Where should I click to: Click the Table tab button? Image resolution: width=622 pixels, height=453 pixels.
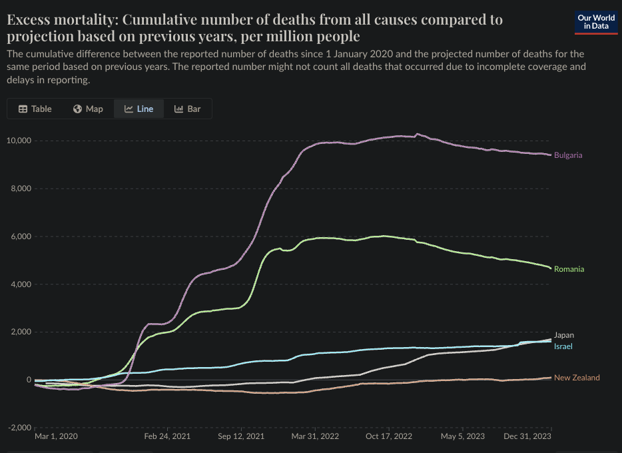(x=35, y=109)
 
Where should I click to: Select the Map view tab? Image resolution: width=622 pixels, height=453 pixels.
(x=88, y=109)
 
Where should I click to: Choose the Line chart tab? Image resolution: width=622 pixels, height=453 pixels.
(x=139, y=109)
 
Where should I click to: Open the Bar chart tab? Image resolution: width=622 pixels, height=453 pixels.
(x=187, y=109)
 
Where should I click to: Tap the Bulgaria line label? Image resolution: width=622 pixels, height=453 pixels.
(x=568, y=155)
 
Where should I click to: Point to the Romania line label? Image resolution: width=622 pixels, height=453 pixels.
(x=569, y=269)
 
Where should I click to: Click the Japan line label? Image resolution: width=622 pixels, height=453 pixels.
(x=563, y=335)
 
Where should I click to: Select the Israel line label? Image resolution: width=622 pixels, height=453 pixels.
(x=563, y=346)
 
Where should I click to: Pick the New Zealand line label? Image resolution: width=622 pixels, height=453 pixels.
(x=577, y=378)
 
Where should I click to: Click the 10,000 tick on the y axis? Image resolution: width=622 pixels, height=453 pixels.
(x=19, y=141)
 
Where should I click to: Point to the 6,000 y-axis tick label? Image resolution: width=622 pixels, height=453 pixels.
(x=21, y=236)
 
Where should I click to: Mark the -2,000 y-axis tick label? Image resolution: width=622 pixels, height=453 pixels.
(x=19, y=428)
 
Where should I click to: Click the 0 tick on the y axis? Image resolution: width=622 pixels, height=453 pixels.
(x=28, y=380)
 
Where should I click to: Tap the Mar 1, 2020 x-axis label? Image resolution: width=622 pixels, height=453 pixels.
(x=56, y=436)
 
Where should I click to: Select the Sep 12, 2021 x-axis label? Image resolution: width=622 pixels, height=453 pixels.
(x=240, y=436)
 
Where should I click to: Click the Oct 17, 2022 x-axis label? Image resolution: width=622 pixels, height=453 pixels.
(x=389, y=436)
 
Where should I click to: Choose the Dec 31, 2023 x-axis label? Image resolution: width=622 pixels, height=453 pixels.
(x=527, y=436)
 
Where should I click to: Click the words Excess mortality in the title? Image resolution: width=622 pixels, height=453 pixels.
(x=57, y=19)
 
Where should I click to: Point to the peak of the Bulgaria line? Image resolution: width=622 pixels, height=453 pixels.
(x=418, y=134)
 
